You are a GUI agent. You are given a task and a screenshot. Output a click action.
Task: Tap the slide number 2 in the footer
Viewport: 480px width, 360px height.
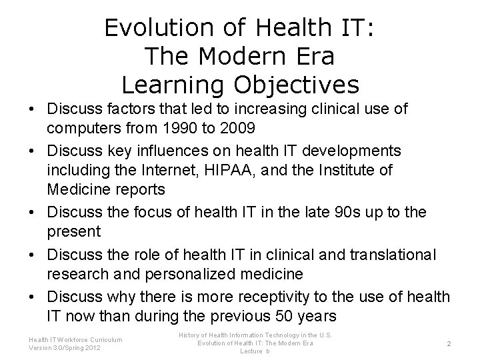pyautogui.click(x=449, y=343)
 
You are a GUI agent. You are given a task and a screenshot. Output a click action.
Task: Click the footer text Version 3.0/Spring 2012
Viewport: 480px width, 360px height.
pyautogui.click(x=65, y=347)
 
